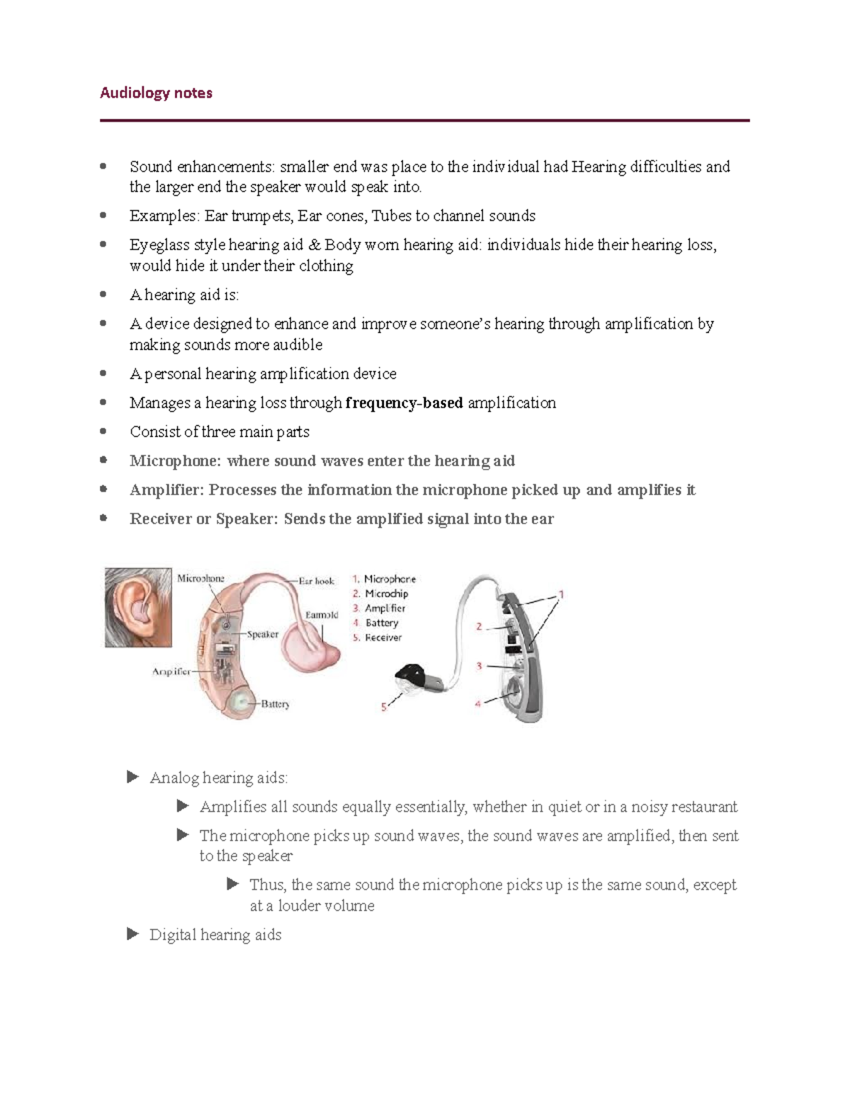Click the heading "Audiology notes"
click(156, 93)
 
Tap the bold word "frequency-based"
click(404, 403)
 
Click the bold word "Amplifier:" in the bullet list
click(166, 490)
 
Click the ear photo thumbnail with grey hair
click(138, 607)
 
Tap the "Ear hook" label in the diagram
click(316, 581)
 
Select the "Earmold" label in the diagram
click(322, 615)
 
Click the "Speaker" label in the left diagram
click(262, 634)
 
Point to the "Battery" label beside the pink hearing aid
click(275, 704)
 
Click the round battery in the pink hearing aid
click(240, 702)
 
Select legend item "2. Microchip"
click(380, 594)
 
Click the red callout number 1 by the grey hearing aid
click(561, 594)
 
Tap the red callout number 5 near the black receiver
click(384, 707)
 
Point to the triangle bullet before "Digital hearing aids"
click(132, 934)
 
